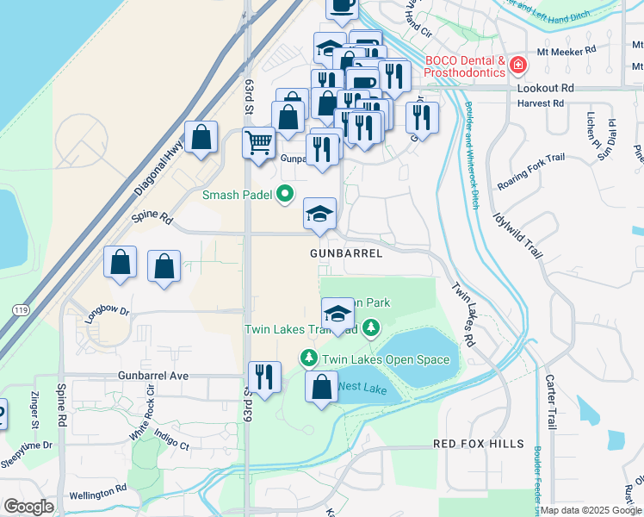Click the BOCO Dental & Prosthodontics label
(465, 66)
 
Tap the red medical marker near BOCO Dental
(518, 65)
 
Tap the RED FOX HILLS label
(478, 444)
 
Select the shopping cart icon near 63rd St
(258, 143)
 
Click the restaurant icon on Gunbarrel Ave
(264, 377)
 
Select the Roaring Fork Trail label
(530, 183)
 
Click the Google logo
(28, 507)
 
